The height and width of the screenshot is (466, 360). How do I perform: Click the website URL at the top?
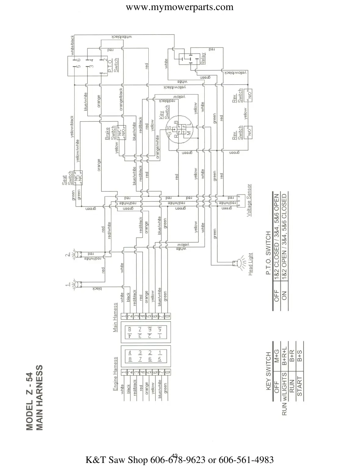click(x=180, y=7)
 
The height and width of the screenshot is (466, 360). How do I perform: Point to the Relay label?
click(x=203, y=58)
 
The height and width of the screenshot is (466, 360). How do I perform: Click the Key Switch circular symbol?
click(x=178, y=129)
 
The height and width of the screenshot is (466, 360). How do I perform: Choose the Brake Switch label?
click(x=110, y=133)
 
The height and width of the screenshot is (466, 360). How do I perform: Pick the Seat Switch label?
click(x=67, y=178)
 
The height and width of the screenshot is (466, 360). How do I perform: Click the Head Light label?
click(x=250, y=264)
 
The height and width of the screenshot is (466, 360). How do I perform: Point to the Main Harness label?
click(x=115, y=317)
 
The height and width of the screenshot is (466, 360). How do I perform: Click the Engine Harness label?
click(x=115, y=374)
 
